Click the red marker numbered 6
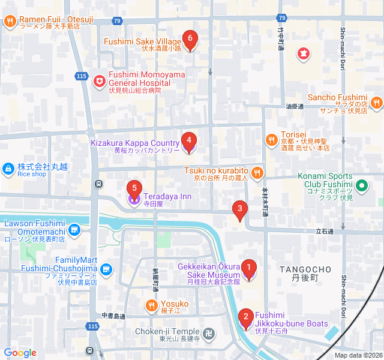pos(190,40)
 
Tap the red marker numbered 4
pos(188,142)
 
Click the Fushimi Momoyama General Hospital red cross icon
pos(100,80)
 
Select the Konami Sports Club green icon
pos(361,185)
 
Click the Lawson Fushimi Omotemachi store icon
pos(74,229)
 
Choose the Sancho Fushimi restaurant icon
pos(376,103)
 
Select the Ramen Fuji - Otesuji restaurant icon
pos(10,22)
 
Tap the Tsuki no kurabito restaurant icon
pos(257,173)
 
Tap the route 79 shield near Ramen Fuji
pos(116,21)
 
